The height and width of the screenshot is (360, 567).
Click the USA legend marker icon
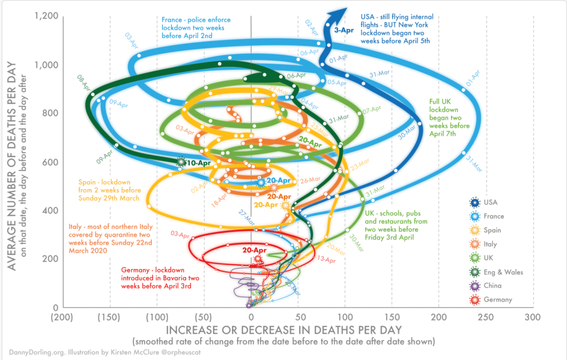[475, 203]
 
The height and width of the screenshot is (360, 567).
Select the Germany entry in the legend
[498, 300]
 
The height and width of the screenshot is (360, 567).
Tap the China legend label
[493, 286]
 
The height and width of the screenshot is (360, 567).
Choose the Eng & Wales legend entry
[503, 272]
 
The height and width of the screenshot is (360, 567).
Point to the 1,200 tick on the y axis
[46, 16]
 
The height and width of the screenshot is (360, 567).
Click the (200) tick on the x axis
[62, 317]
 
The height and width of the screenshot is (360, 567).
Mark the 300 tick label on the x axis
[532, 317]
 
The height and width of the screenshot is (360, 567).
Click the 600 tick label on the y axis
[50, 162]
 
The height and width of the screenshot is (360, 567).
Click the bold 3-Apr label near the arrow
[344, 30]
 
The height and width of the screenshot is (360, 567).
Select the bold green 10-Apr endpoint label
[199, 163]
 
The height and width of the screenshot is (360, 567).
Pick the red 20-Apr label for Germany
[254, 250]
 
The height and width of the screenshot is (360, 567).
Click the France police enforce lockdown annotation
[196, 28]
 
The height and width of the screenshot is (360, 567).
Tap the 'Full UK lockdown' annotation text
[449, 118]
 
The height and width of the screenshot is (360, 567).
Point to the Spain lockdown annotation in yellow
[110, 190]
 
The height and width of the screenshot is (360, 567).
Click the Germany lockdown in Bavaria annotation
[160, 278]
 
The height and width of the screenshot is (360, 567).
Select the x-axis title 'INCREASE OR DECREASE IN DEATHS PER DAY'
[283, 330]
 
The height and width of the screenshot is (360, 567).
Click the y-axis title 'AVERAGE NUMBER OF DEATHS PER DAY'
[12, 166]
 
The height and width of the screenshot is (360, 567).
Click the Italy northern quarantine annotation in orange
[110, 238]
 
